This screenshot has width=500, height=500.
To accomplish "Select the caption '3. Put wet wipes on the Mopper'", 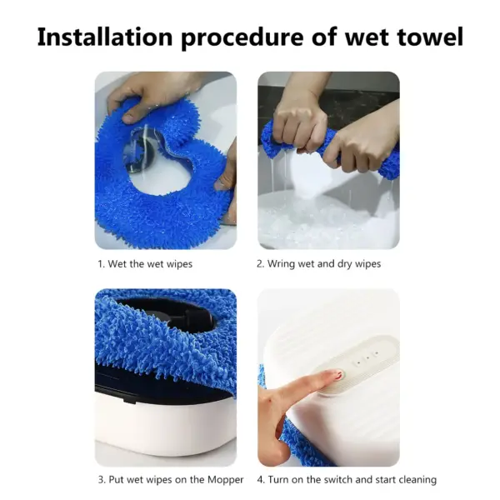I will pyautogui.click(x=170, y=479).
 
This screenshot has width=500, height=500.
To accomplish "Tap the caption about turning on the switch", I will pyautogui.click(x=346, y=479).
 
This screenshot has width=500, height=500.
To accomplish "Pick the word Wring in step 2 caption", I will pyautogui.click(x=282, y=264).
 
